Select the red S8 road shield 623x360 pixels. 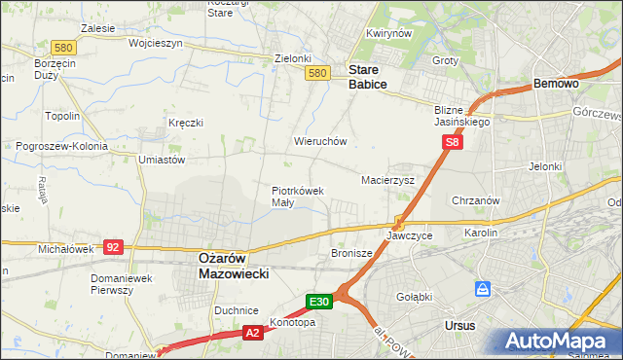tap(452, 142)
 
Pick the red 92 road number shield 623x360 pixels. tap(113, 247)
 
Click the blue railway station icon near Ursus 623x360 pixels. tap(483, 289)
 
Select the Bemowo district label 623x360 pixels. tap(557, 85)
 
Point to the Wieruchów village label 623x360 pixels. tap(320, 141)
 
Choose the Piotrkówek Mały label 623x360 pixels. tap(297, 197)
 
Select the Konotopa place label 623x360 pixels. tap(292, 323)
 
